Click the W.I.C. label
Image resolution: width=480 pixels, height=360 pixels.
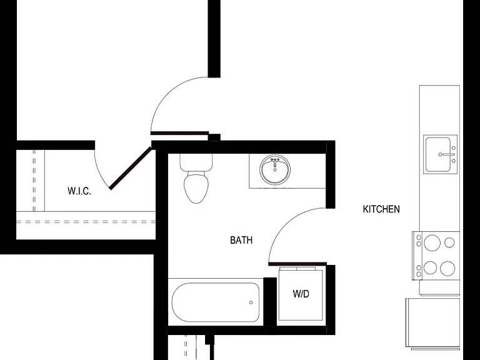point(79,191)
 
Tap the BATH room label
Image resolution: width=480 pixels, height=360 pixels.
point(241,240)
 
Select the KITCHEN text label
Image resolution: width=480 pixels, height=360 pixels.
point(381,209)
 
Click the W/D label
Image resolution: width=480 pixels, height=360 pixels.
point(301,294)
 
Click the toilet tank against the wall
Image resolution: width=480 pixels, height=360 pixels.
point(196,162)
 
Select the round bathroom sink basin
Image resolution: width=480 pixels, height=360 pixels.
point(275,170)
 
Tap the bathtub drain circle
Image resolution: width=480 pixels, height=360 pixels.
point(251,302)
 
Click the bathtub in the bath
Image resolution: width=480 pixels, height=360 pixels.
point(216,302)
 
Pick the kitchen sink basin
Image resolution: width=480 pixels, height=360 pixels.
point(437,154)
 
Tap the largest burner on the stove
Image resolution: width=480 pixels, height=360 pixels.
point(432,242)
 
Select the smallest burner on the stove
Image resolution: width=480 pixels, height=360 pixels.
point(449,242)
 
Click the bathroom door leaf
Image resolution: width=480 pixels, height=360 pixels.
point(297,264)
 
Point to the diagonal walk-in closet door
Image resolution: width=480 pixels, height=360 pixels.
point(131,168)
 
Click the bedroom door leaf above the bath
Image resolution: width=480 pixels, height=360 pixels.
point(180,133)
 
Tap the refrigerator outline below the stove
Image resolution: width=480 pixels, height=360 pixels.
point(433,322)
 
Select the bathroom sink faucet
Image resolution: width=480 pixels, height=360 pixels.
point(275,161)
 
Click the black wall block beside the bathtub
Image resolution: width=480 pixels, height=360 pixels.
point(270,301)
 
